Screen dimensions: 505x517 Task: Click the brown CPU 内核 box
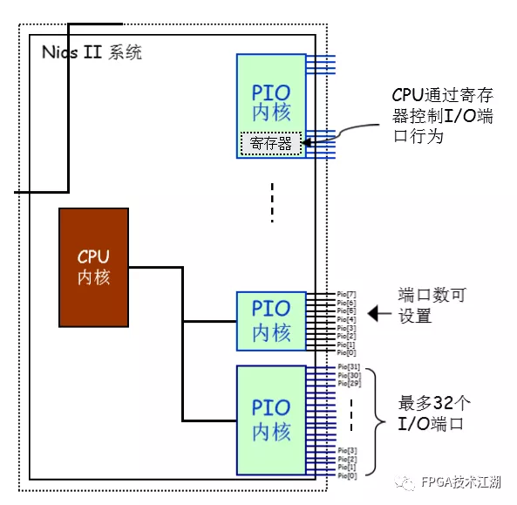tap(93, 266)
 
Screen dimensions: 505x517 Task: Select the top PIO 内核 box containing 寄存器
tap(271, 96)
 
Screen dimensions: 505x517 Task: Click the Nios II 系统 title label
tap(92, 52)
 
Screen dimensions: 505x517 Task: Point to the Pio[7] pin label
tap(346, 296)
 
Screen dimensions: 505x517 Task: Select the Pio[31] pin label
tap(347, 369)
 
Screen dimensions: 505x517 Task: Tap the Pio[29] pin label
tap(347, 384)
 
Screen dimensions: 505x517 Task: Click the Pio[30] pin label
tap(347, 377)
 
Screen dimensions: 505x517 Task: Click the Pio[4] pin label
tap(346, 320)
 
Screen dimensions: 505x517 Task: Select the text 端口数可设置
tap(432, 305)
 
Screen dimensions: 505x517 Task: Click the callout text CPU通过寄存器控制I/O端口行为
tap(439, 116)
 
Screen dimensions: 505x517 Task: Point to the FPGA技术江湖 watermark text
tap(461, 481)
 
